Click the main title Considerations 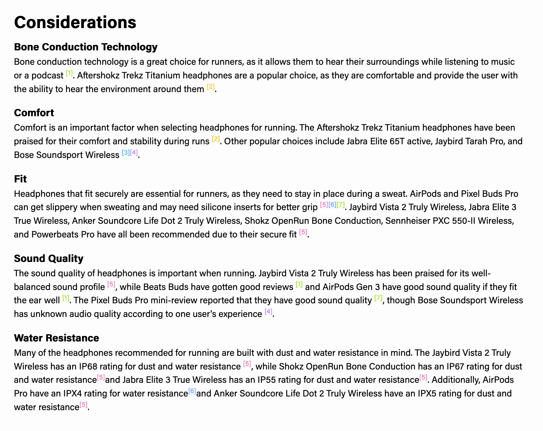pos(75,22)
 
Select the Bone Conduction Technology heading pos(86,47)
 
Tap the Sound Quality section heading pos(49,258)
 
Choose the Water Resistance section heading pos(56,338)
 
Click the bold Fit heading pos(21,179)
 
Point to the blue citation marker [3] pos(126,153)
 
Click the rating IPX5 pos(427,394)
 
